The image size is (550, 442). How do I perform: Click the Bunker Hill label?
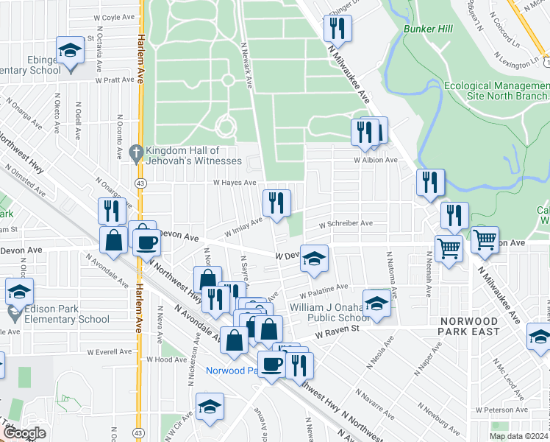pos(426,29)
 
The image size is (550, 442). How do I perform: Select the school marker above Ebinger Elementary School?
pos(71,52)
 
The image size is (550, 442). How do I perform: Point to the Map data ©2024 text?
pos(518,436)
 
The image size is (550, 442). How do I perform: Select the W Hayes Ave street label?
pos(235,183)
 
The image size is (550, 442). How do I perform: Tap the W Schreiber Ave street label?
pos(346,224)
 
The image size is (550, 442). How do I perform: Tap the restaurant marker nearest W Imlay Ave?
pos(276,203)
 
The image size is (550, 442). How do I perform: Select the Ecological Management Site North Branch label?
pos(496,91)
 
